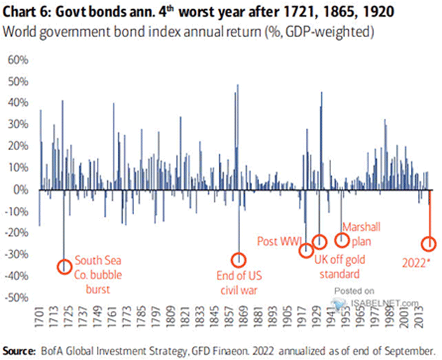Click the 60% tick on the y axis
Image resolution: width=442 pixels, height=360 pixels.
(15, 59)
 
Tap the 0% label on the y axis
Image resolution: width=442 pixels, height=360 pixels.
(18, 189)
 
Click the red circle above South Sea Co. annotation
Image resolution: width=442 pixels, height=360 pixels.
(65, 266)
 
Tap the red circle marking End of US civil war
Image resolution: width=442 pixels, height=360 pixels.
(239, 260)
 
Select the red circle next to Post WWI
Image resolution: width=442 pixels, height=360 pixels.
(306, 251)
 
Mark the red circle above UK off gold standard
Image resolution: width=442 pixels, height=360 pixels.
(320, 242)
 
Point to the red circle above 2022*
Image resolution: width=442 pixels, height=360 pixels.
(429, 244)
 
